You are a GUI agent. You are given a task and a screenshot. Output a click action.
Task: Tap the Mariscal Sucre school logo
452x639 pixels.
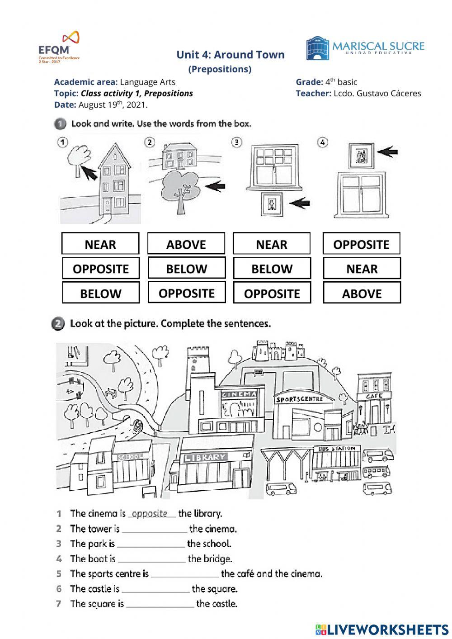pos(365,48)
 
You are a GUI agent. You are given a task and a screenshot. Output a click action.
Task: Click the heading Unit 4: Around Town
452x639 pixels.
pos(230,55)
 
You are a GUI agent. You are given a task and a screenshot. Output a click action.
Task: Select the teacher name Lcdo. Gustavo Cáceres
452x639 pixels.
pos(377,93)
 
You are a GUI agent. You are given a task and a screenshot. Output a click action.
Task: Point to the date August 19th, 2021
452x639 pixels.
pos(113,104)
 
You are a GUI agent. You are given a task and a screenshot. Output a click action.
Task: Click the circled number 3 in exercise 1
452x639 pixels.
pos(236,142)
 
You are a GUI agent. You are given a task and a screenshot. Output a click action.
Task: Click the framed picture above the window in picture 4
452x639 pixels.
pos(361,156)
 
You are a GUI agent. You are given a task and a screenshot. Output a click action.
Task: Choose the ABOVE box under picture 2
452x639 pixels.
pos(186,244)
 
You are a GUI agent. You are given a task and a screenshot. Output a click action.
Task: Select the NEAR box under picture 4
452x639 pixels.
pos(362,269)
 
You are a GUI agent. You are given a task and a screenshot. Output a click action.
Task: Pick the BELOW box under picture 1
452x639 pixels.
pos(100,293)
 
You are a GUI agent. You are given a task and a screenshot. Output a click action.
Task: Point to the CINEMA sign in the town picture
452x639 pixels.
pos(238,394)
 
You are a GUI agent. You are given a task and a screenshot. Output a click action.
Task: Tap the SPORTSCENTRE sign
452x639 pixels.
pos(299,399)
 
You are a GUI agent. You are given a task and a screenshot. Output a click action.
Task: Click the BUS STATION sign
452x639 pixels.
pos(337,449)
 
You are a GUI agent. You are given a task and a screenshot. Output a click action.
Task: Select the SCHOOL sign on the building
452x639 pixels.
pos(130,457)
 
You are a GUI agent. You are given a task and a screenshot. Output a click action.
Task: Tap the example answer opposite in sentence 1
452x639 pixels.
pos(150,514)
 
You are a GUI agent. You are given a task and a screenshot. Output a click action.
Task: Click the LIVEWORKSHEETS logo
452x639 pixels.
pos(382,629)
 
